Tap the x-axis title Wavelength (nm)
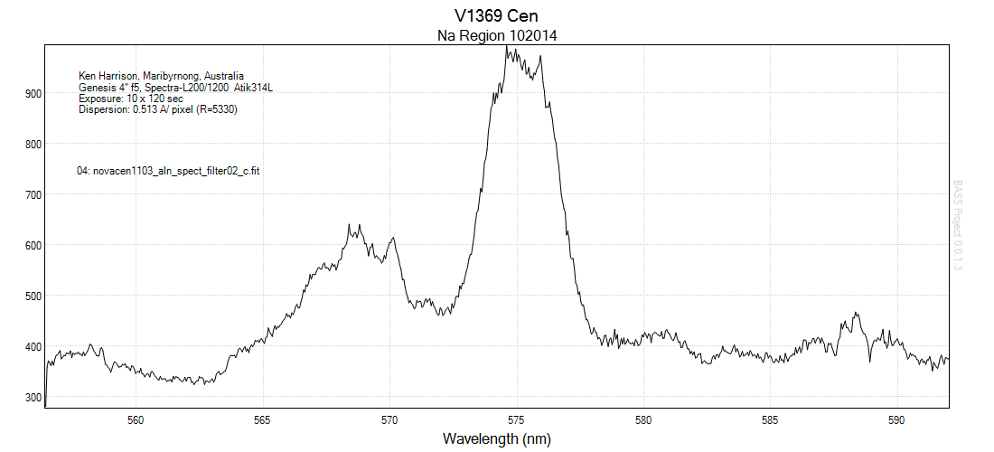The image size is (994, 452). (496, 439)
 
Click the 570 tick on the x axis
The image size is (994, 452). (389, 419)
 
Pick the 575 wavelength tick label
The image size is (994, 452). (517, 419)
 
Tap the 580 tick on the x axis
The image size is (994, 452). (643, 419)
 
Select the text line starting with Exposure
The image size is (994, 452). (131, 99)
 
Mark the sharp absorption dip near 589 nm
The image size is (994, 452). (870, 362)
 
